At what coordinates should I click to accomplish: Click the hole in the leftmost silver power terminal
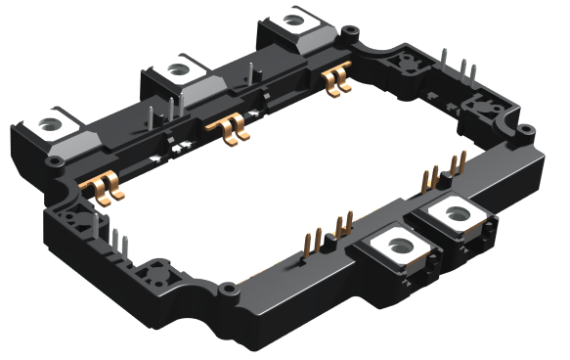[x=48, y=124]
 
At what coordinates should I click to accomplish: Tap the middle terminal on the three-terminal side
[x=177, y=70]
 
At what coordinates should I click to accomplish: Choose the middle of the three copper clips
[x=230, y=127]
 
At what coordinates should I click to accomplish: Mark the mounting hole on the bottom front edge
[x=227, y=289]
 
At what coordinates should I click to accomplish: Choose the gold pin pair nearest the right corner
[x=458, y=165]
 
